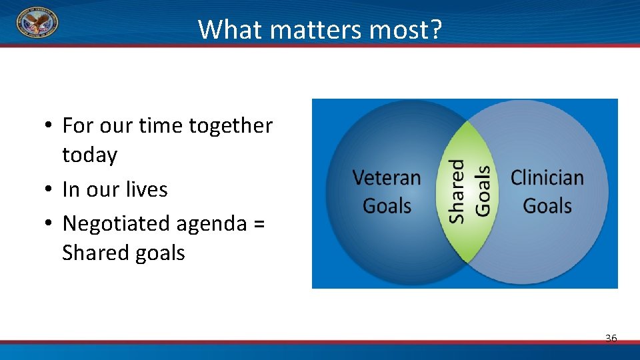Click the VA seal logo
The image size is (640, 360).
click(37, 23)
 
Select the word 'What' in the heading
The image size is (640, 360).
click(225, 29)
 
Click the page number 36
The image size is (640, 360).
click(611, 339)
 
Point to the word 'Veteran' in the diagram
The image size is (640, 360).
click(387, 178)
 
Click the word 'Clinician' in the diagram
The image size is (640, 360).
click(547, 178)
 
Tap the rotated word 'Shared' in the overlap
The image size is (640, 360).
click(457, 191)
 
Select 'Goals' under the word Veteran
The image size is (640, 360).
click(387, 205)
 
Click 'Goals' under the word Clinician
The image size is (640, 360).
click(547, 205)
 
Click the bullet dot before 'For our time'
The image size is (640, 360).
click(49, 126)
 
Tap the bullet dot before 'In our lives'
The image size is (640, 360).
click(49, 190)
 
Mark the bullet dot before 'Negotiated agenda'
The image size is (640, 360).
click(49, 224)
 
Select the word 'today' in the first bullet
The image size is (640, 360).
click(89, 155)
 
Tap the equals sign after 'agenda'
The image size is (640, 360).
click(259, 224)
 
